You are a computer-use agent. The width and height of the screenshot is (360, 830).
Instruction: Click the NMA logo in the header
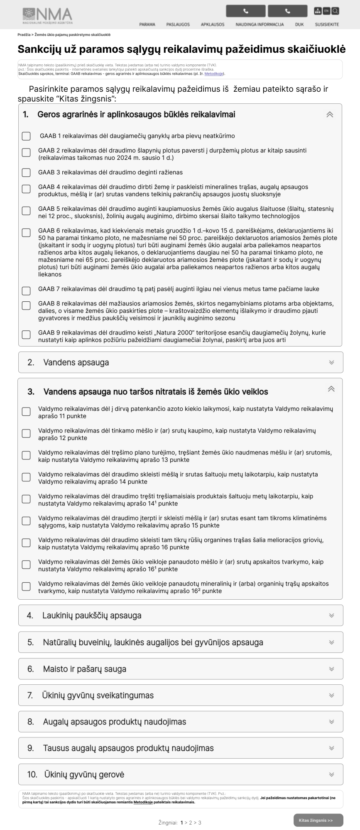pos(47,15)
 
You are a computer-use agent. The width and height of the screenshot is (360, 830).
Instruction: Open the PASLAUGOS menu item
pos(178,24)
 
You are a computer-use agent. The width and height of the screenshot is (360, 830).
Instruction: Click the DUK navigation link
pos(299,24)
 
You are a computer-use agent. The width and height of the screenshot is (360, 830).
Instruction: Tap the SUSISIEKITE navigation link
pos(327,24)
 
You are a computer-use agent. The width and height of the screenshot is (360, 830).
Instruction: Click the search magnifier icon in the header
pos(335,11)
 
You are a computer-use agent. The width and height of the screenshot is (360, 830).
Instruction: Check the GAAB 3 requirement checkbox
pos(26,173)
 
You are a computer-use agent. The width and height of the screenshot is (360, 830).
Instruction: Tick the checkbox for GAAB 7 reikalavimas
pos(26,290)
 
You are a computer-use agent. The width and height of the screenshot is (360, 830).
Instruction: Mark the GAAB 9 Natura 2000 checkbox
pos(26,334)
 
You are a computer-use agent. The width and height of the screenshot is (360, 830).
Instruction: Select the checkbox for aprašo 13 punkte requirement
pos(26,455)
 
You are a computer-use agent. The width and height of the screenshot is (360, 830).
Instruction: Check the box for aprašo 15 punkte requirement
pos(26,521)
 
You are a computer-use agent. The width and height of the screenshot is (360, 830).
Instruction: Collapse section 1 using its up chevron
pos(330,115)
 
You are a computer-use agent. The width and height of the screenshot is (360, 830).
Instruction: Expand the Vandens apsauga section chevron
pos(331,362)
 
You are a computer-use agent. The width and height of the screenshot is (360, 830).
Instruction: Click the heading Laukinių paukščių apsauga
pos(91,615)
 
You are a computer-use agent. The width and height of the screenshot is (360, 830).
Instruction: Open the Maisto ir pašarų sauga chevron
pos(331,669)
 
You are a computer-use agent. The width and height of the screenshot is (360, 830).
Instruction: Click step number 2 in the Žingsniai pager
pos(191,822)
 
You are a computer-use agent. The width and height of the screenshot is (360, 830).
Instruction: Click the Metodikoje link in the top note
pos(216,74)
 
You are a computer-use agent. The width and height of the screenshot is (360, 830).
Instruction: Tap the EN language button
pos(326,11)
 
